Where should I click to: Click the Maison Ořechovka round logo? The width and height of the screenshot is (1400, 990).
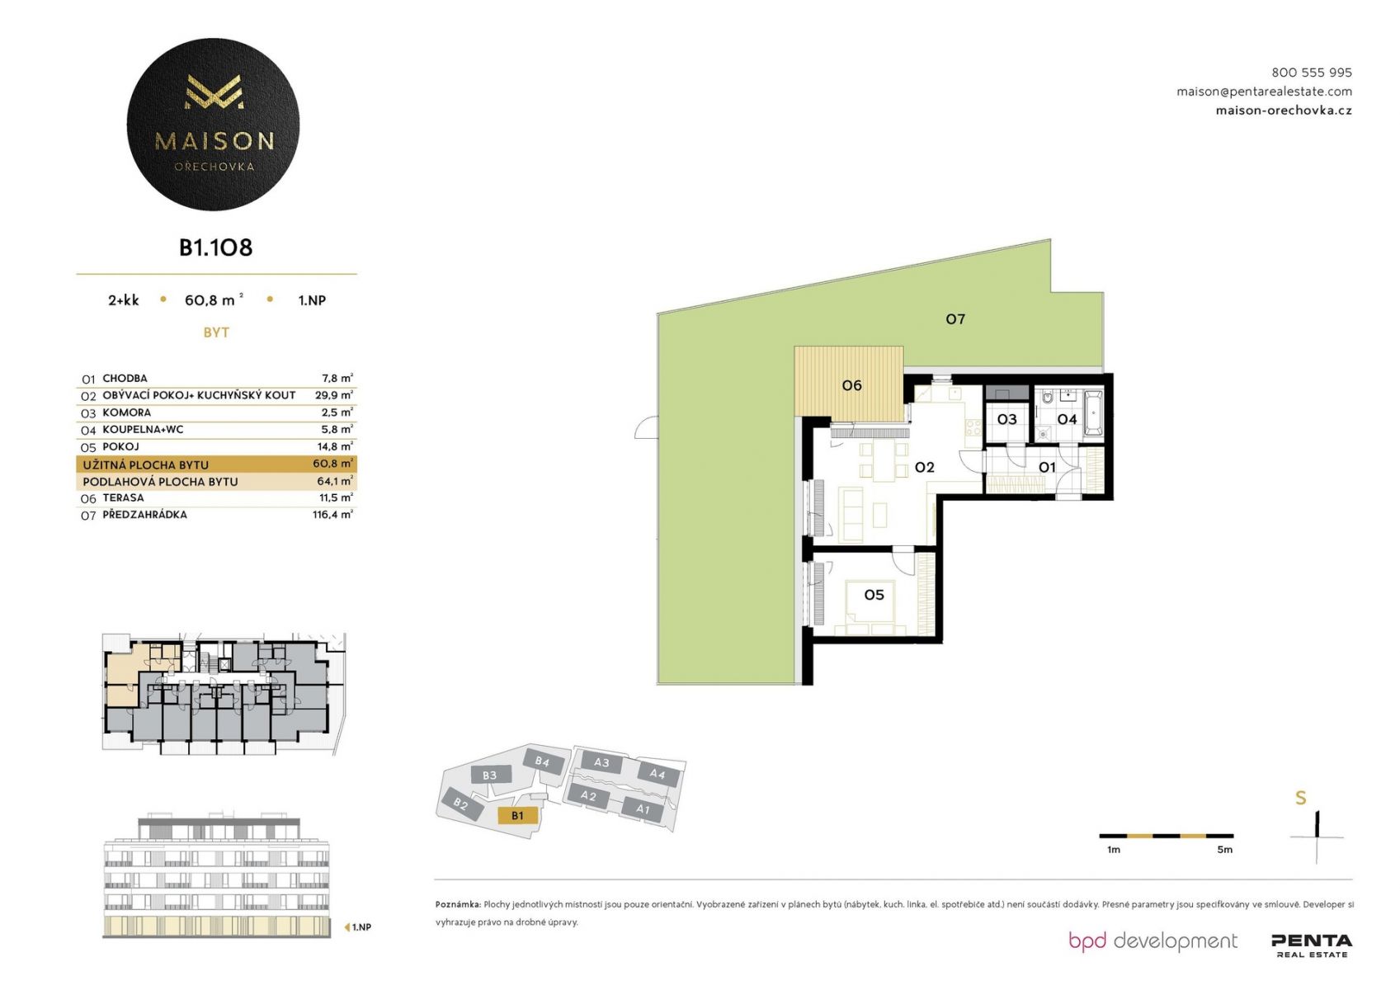[x=213, y=124]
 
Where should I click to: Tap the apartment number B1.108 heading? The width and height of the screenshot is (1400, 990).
[x=215, y=247]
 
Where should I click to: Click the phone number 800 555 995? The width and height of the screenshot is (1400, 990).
[x=1311, y=73]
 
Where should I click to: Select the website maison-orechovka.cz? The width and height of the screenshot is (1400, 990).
[x=1284, y=111]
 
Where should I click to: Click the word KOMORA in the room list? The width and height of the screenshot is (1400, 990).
[x=127, y=412]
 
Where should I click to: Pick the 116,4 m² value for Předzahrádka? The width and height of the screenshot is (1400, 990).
[x=332, y=514]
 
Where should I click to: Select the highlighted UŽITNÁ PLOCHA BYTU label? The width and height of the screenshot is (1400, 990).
[x=146, y=465]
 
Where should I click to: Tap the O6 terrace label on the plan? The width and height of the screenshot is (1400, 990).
[x=852, y=385]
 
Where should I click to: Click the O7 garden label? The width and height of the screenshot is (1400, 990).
[x=955, y=319]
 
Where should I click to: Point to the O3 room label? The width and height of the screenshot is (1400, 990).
[x=1006, y=419]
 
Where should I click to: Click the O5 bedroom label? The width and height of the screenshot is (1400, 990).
[x=874, y=595]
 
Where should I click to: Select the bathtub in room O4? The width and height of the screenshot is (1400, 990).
[x=1093, y=413]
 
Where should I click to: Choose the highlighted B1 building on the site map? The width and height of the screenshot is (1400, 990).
[x=517, y=816]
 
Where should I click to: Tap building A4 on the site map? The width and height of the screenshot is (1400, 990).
[x=658, y=775]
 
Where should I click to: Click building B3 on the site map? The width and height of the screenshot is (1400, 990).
[x=489, y=775]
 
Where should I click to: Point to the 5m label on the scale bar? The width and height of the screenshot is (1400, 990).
[x=1224, y=850]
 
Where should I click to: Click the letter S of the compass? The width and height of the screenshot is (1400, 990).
[x=1301, y=798]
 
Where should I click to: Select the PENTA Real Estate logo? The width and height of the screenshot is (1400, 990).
[x=1312, y=945]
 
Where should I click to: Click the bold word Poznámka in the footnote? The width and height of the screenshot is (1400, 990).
[x=458, y=904]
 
